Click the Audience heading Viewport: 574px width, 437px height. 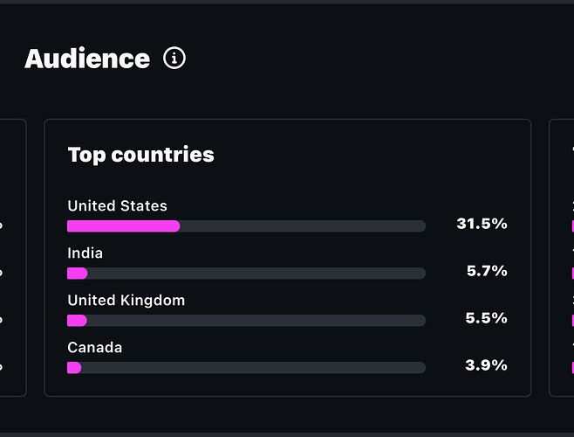87,59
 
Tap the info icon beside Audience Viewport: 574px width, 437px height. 174,59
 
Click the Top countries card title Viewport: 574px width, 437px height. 140,155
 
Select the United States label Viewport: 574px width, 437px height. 117,206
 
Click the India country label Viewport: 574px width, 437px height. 85,253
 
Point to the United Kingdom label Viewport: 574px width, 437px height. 126,301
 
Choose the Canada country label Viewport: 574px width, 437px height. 94,348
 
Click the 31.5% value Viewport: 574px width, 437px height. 482,224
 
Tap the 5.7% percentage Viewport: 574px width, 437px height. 487,271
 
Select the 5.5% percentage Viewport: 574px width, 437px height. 487,318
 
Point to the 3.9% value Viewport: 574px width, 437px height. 487,365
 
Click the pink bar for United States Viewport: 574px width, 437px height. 123,226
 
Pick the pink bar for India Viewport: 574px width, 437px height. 77,274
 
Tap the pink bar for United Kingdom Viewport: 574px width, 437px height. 77,321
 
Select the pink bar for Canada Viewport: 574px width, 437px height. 74,368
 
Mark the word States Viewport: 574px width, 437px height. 143,206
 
